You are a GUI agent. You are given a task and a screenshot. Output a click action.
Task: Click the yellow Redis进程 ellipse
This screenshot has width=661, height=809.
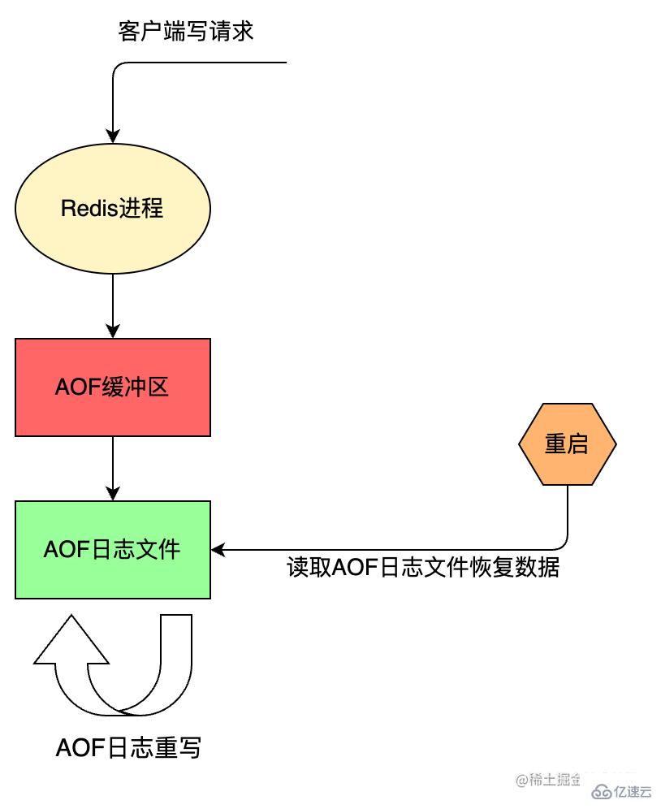(x=113, y=208)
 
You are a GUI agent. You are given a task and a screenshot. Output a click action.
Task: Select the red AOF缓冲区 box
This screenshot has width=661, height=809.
(x=113, y=387)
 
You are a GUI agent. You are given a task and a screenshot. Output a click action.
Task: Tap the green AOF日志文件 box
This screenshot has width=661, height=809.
(x=113, y=550)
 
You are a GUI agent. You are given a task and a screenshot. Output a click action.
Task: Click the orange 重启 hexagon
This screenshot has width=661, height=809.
(x=567, y=444)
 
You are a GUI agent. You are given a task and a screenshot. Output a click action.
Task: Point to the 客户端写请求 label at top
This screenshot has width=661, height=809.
(x=186, y=32)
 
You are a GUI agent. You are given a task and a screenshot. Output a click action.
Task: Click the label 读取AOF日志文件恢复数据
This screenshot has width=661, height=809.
(x=423, y=567)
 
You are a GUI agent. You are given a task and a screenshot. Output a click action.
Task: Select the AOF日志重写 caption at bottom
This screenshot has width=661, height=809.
(x=128, y=747)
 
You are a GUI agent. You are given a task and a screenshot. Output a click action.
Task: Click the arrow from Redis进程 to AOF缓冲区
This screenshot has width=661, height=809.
(x=113, y=305)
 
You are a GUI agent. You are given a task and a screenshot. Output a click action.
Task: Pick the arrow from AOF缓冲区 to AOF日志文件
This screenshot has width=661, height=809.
(x=113, y=468)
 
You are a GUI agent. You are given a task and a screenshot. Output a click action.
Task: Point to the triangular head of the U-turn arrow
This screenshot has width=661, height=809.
(x=71, y=642)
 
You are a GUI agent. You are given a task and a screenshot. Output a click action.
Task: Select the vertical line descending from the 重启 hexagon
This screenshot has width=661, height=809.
(x=567, y=512)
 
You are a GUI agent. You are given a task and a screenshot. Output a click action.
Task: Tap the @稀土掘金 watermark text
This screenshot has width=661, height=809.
(x=548, y=779)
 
